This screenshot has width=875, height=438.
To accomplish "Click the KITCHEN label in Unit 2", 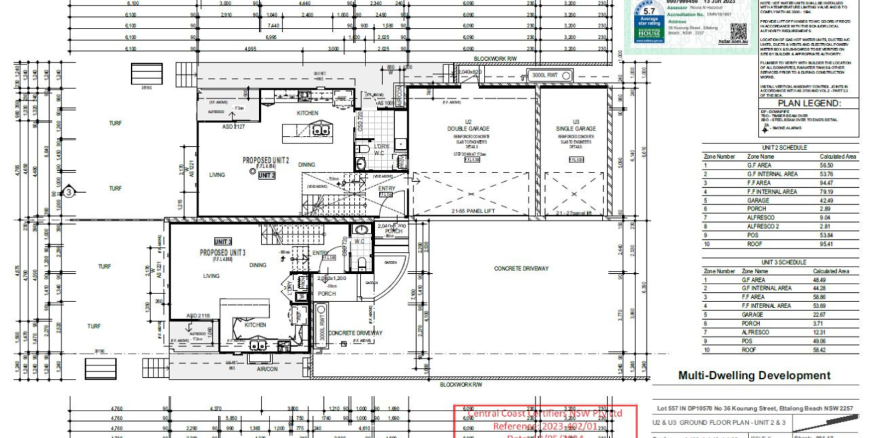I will coord(307,113).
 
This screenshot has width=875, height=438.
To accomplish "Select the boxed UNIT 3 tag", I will coord(223,241).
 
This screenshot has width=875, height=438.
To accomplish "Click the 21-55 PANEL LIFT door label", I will coord(473,211).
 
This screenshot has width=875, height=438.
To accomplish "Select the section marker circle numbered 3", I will coord(69,192).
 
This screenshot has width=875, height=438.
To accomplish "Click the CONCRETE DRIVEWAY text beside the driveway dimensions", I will coord(521,268).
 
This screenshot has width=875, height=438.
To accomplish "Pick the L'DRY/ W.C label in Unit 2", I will coord(380,149).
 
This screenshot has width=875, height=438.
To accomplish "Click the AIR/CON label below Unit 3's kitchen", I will coord(267,369).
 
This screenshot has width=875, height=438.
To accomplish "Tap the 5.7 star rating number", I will coord(649,11).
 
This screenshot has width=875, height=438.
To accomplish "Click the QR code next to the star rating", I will coord(738,31).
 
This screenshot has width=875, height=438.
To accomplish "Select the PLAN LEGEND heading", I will coord(809,103).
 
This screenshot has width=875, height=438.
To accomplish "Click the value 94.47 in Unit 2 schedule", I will coord(826,183).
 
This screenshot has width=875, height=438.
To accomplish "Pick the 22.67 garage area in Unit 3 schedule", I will coord(819,315).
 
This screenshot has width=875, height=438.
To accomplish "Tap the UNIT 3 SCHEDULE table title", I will coord(784,262).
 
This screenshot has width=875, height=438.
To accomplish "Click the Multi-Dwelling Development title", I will coord(754,376).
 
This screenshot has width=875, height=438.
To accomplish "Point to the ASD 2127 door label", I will coord(234,126).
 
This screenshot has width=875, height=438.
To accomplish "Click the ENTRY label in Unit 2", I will coord(387,188).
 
